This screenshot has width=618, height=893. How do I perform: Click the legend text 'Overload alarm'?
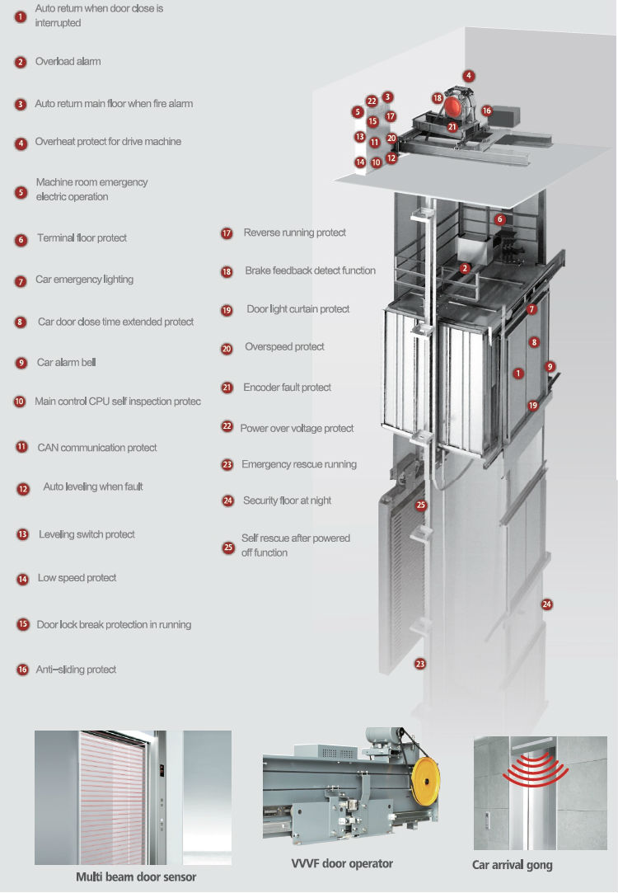[68, 62]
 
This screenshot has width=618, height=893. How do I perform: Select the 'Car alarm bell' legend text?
[67, 363]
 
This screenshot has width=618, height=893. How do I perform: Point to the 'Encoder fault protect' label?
[287, 388]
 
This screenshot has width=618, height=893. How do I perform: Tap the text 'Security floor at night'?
[287, 501]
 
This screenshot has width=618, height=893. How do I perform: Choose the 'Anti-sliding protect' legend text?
[76, 670]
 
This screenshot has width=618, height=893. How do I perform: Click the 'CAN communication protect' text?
[96, 448]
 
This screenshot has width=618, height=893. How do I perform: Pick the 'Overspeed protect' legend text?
[284, 347]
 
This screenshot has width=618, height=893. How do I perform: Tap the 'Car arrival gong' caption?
[512, 865]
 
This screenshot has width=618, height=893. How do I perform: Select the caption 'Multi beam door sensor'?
[136, 877]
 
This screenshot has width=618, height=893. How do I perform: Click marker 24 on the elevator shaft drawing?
[546, 604]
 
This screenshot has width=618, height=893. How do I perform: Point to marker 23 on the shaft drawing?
[420, 663]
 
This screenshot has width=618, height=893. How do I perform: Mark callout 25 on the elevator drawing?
[421, 505]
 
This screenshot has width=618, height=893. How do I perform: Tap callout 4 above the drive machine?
[468, 76]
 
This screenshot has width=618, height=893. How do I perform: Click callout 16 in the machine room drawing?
[486, 110]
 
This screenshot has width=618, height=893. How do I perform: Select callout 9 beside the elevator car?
[550, 366]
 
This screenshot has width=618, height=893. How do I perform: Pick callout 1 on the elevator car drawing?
[517, 374]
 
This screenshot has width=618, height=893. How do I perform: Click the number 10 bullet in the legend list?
[20, 402]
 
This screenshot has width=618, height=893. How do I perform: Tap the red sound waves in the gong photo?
[537, 769]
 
